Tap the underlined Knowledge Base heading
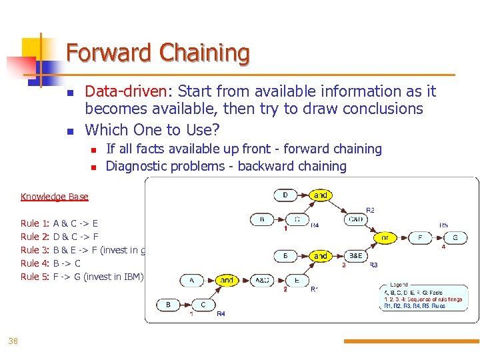coord(54,197)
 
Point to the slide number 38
coord(13,341)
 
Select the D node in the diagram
coord(286,195)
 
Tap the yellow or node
coord(385,237)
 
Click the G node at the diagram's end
coord(455,237)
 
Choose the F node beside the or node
coord(420,237)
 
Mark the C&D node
coord(355,219)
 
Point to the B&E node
coord(355,255)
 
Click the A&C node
coord(262,281)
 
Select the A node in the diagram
coord(191,281)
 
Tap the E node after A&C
coord(297,281)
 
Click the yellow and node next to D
coord(321,195)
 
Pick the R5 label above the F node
coord(443,225)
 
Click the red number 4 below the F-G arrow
coord(443,247)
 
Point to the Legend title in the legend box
coord(399,285)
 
